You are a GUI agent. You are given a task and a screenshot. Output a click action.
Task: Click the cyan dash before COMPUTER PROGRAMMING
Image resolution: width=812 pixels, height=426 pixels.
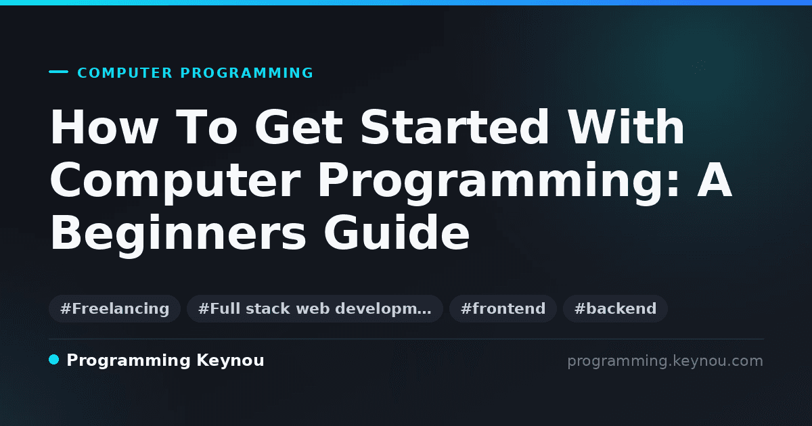58,72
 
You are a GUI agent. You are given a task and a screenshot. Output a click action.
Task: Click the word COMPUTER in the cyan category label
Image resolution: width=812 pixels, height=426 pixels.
125,73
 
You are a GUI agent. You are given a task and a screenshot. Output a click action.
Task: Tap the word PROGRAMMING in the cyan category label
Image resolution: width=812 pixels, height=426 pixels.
247,73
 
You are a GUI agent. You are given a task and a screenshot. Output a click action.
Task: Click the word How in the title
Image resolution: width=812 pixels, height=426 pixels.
104,127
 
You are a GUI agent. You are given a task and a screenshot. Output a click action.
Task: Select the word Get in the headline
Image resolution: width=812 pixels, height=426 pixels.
299,127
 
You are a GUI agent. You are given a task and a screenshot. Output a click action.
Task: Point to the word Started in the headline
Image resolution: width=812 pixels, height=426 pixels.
455,126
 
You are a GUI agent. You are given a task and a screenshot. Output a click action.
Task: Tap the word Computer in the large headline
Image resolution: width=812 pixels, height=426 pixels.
175,181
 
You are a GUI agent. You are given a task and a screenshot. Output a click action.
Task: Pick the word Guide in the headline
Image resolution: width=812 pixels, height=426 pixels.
397,232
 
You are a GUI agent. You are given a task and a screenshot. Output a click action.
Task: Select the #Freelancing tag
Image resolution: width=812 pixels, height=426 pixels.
114,308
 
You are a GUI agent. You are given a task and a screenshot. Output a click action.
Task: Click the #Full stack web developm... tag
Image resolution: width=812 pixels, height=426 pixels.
315,308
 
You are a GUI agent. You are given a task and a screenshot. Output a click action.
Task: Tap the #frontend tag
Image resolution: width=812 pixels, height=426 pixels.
503,308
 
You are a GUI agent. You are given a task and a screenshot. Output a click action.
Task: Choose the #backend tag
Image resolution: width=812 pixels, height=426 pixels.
615,308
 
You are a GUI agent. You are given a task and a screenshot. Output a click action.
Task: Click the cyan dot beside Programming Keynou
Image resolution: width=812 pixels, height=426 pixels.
54,360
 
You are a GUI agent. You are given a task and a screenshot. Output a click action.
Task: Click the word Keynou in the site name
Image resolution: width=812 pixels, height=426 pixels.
230,361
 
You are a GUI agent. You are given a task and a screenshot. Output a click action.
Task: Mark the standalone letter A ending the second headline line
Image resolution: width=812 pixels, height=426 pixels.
715,180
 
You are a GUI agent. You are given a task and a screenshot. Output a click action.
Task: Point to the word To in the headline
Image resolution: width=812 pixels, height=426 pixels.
206,127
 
